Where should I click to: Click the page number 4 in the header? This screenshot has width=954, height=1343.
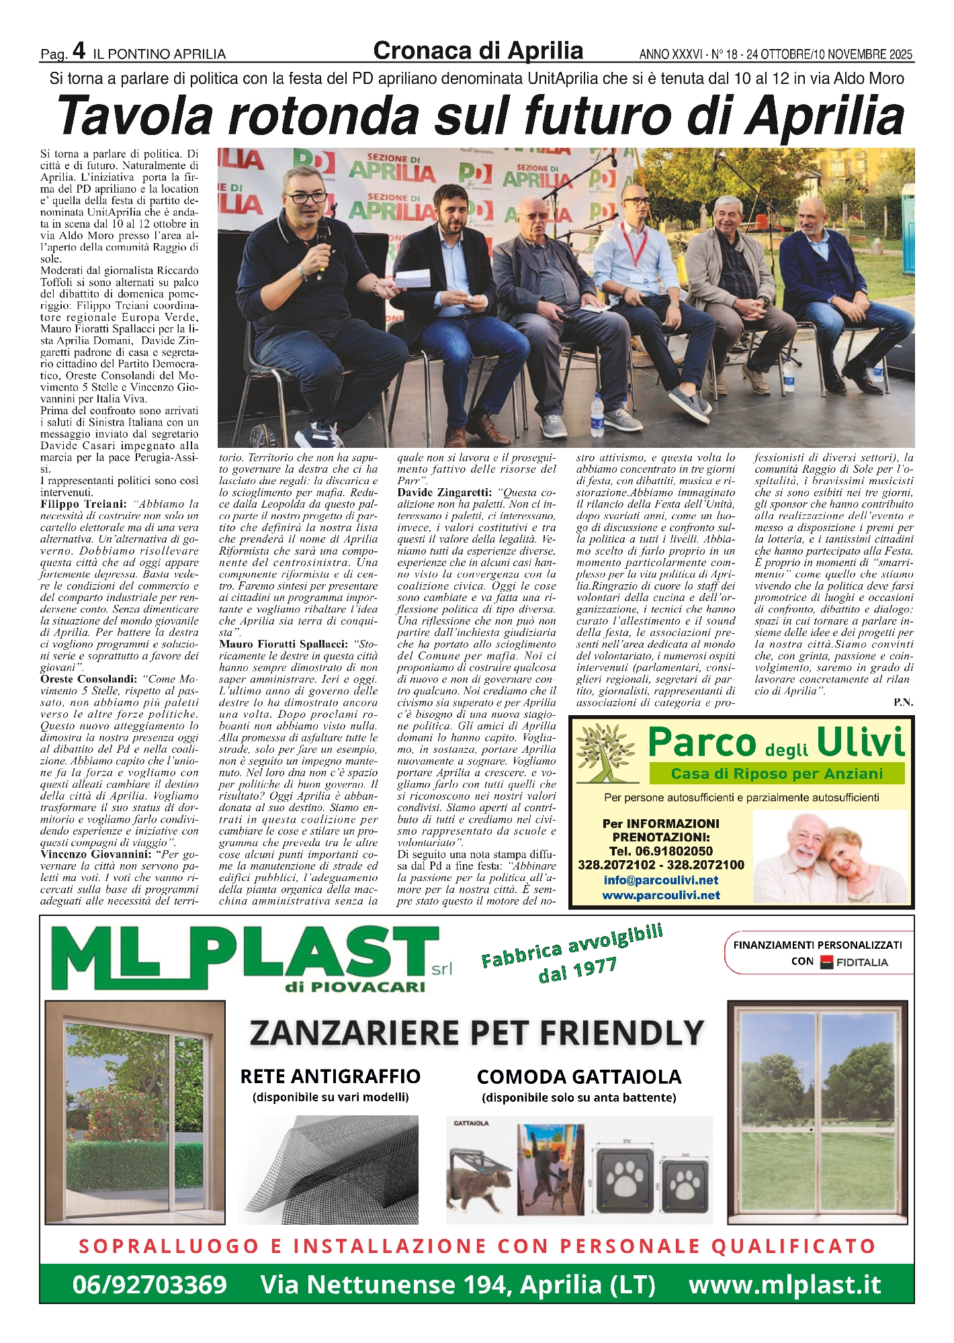pos(78,50)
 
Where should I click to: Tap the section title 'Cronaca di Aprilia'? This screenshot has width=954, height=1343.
pos(478,50)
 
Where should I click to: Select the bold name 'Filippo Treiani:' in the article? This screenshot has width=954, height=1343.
pos(83,504)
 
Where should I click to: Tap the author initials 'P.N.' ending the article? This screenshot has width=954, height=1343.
pos(903,702)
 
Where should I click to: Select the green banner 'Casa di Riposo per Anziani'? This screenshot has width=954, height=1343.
pos(777,774)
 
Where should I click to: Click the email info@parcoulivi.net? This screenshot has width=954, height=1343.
pos(660,880)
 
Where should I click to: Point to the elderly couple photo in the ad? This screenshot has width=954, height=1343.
pos(830,856)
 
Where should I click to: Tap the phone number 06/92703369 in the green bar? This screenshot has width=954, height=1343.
pos(149,1285)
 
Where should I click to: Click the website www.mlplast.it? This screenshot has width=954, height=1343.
pos(784,1285)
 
